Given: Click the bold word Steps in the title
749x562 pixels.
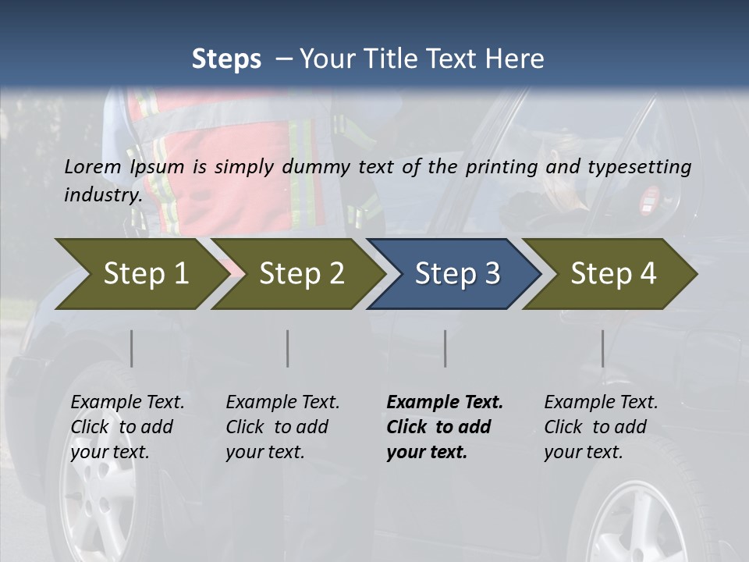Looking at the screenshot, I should pyautogui.click(x=226, y=59).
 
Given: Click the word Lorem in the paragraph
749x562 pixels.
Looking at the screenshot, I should pyautogui.click(x=93, y=166).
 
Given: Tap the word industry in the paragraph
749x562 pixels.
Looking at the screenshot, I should pyautogui.click(x=102, y=194).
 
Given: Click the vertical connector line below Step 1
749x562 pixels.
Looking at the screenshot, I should pyautogui.click(x=132, y=348).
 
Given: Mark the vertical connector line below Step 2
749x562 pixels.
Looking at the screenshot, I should pyautogui.click(x=288, y=348).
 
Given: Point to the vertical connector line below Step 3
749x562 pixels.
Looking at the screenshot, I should pyautogui.click(x=445, y=348).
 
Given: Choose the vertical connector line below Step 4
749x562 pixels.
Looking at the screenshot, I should pyautogui.click(x=602, y=348).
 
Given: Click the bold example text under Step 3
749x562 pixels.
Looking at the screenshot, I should pyautogui.click(x=444, y=427).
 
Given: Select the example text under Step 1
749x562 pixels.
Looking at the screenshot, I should pyautogui.click(x=127, y=427).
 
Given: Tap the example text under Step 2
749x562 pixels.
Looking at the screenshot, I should pyautogui.click(x=282, y=427).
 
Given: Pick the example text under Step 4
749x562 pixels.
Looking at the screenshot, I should pyautogui.click(x=601, y=427).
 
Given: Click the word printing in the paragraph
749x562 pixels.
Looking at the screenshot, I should pyautogui.click(x=502, y=167).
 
